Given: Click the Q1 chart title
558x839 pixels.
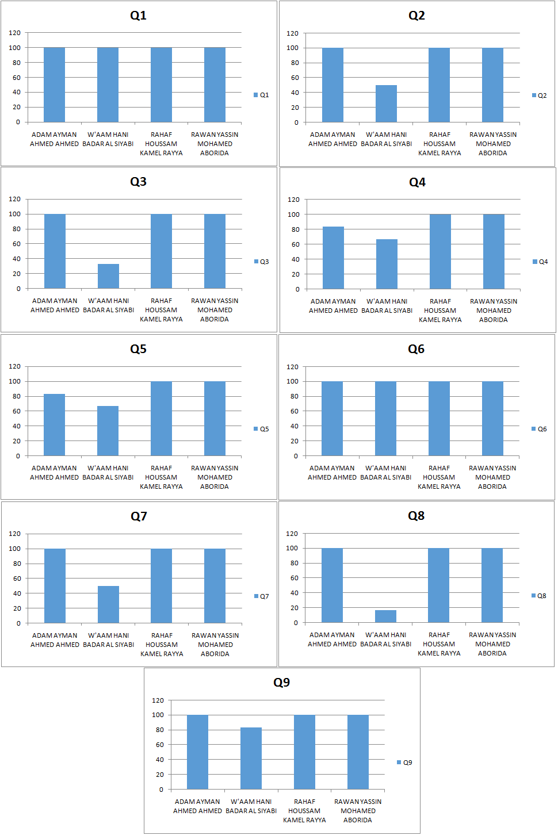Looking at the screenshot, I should click(138, 16).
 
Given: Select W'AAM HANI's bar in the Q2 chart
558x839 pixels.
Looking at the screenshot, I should click(386, 104).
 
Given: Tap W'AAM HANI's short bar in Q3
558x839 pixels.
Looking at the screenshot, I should click(108, 277).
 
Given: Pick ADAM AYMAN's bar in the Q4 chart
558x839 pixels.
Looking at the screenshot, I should click(333, 258).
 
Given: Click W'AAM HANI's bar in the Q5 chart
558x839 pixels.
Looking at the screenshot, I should click(108, 431).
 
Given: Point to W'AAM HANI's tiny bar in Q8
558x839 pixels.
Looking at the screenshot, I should click(385, 616).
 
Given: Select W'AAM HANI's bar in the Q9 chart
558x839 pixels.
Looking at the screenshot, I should click(251, 758).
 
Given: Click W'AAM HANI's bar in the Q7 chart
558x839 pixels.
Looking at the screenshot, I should click(108, 604).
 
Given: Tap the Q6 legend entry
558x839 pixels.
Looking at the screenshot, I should click(539, 429).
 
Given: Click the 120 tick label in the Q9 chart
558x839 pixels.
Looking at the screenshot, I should click(158, 700).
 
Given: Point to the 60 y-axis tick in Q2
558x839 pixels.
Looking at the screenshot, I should click(295, 78).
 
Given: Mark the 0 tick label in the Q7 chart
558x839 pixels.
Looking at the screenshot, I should click(18, 623).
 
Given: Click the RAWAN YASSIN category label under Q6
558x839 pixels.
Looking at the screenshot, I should click(492, 477).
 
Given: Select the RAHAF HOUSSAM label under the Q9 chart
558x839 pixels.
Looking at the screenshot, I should click(304, 811).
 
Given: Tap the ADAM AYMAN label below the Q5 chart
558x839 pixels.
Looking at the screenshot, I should click(54, 473).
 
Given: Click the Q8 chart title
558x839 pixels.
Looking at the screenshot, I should click(416, 516).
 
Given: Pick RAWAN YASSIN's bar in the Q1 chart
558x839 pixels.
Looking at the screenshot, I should click(215, 85).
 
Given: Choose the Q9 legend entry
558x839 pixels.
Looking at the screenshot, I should click(404, 763).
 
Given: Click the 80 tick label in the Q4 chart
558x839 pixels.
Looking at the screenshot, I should click(296, 229).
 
